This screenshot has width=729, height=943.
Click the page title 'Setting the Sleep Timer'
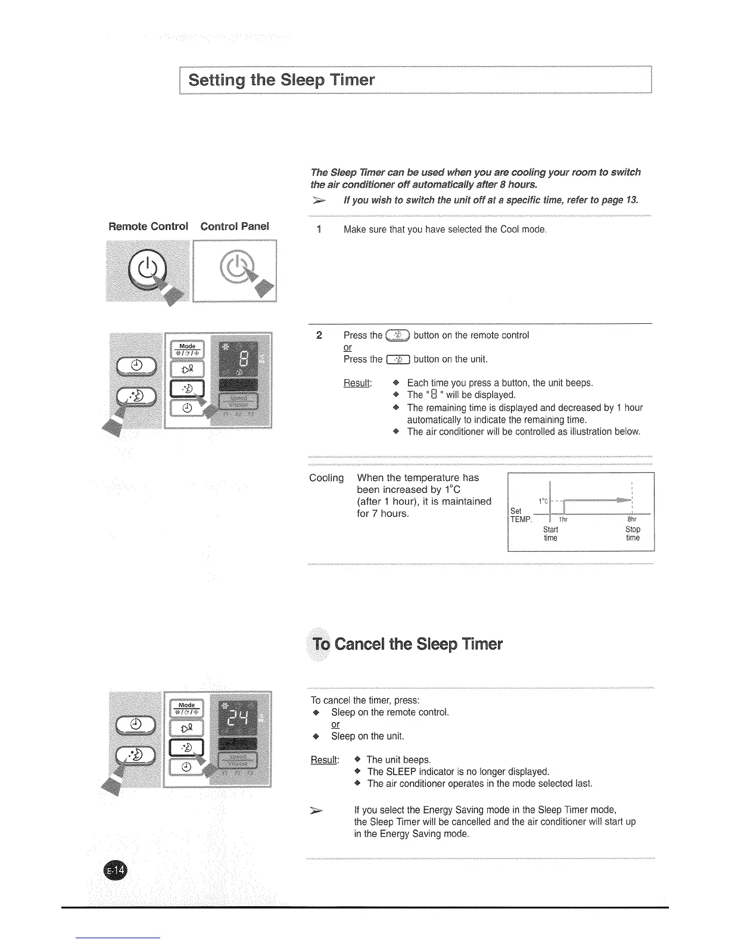click(x=281, y=80)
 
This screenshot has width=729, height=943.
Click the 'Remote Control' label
click(x=148, y=226)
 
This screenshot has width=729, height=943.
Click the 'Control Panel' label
click(x=235, y=226)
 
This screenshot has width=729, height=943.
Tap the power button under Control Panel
click(x=236, y=267)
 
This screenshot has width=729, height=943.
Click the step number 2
click(x=319, y=335)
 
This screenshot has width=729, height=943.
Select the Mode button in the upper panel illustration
click(x=187, y=349)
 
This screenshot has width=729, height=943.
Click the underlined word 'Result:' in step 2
click(x=358, y=383)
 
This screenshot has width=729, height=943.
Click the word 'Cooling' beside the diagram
click(x=326, y=478)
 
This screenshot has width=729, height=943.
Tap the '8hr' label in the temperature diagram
click(x=633, y=519)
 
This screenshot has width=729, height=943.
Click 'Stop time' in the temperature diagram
click(x=633, y=533)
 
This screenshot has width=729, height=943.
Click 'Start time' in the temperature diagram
click(x=550, y=533)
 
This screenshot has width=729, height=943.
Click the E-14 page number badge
click(x=116, y=870)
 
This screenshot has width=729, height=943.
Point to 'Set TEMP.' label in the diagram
click(x=520, y=516)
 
